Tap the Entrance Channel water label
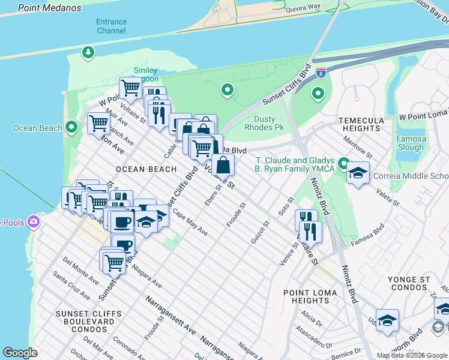(x=111, y=26)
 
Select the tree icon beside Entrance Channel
(x=89, y=52)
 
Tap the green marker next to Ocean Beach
(x=71, y=127)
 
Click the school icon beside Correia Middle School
(x=358, y=173)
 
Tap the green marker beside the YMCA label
(x=343, y=163)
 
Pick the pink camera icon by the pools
(x=33, y=223)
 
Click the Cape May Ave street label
(x=190, y=223)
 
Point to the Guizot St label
(x=259, y=232)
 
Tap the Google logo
(x=20, y=353)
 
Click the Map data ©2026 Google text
(x=411, y=355)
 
